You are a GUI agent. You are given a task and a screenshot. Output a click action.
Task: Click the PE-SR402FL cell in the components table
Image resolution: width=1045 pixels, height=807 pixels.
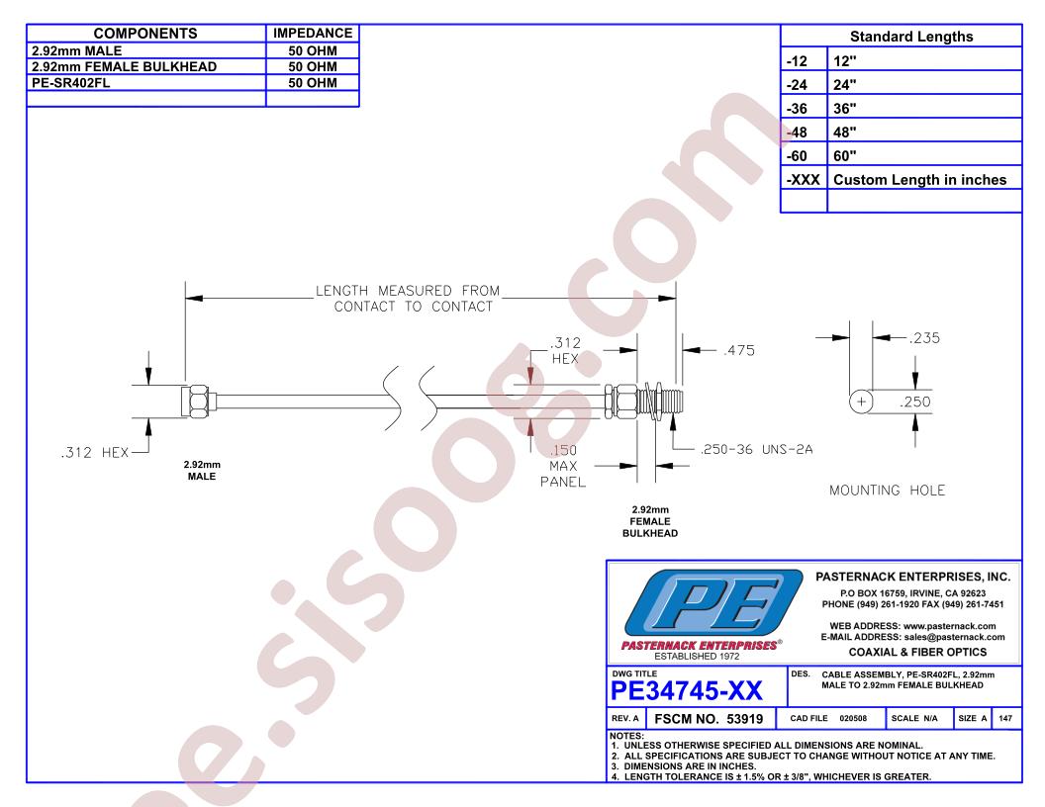[70, 83]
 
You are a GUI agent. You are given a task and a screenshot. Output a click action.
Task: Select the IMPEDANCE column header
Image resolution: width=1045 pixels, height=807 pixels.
[313, 34]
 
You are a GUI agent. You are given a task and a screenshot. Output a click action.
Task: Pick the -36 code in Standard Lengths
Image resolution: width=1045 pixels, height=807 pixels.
[797, 109]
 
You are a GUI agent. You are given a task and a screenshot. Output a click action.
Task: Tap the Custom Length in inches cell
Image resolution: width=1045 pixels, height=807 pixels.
[919, 180]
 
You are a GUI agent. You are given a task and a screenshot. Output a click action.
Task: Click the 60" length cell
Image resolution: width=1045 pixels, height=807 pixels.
[844, 156]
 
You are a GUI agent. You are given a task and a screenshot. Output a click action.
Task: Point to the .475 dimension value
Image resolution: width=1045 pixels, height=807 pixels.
[739, 350]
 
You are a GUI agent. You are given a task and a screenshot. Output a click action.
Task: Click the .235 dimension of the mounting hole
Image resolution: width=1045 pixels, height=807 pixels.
[924, 338]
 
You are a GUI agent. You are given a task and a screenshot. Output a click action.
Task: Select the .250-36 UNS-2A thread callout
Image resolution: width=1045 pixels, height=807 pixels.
[756, 449]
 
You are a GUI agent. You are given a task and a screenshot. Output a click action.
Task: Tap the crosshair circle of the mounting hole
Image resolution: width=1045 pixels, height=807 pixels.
[861, 402]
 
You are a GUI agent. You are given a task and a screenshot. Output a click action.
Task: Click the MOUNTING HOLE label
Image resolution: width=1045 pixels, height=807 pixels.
[887, 491]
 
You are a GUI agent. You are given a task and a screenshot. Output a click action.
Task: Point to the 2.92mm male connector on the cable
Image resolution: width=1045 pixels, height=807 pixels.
[199, 401]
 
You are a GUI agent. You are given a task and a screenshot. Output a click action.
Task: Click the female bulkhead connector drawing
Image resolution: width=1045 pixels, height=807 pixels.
[644, 401]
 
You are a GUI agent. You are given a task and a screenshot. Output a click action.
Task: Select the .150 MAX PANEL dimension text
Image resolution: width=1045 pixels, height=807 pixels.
[563, 466]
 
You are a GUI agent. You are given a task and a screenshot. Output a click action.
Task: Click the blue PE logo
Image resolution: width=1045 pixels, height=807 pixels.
[713, 602]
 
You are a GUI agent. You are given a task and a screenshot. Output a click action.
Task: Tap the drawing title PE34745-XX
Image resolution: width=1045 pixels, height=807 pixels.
[687, 691]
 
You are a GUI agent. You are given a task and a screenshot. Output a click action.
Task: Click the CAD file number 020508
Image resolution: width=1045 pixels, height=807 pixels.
[853, 718]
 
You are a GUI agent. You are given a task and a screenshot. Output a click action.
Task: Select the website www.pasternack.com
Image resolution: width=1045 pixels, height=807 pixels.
[949, 626]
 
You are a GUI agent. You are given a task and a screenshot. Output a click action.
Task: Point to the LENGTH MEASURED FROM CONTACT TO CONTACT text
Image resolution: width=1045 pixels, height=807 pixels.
[407, 299]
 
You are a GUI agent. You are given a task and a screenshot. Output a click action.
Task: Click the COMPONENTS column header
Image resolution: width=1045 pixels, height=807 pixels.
[145, 34]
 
